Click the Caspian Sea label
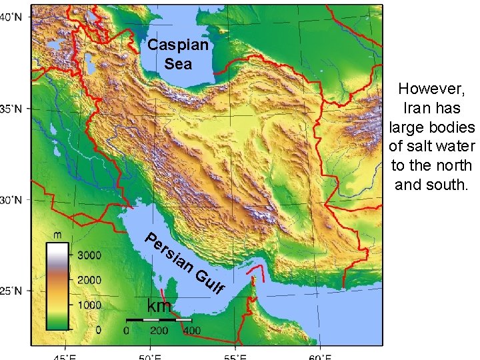(178, 55)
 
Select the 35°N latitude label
(14, 109)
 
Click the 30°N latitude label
(14, 199)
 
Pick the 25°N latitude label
(14, 291)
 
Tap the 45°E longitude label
(65, 355)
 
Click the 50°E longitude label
(151, 355)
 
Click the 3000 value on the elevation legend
(89, 255)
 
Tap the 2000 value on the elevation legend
(89, 279)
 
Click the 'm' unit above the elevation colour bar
(58, 235)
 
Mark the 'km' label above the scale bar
(159, 307)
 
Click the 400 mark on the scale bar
(192, 330)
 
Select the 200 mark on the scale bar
(159, 330)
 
